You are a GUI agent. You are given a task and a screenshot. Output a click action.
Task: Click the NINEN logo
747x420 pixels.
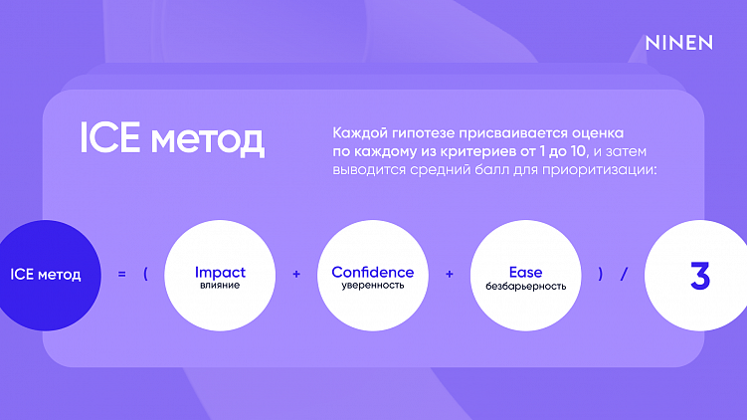[x=679, y=43]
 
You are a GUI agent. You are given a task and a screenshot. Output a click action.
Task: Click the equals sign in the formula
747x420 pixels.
[x=121, y=274]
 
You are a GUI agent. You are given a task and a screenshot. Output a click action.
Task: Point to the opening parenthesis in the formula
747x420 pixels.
[x=146, y=274]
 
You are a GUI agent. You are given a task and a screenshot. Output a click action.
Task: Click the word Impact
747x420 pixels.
[x=220, y=272]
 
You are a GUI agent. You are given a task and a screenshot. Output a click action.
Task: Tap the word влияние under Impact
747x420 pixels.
[x=220, y=286]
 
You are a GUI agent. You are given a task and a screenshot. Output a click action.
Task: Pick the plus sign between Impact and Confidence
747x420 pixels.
[x=296, y=274]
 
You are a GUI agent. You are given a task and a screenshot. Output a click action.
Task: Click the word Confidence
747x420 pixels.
[x=373, y=272]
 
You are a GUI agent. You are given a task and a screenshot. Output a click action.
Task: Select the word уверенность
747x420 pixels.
[x=373, y=286]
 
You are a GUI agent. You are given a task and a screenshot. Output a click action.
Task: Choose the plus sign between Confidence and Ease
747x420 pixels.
[x=450, y=274]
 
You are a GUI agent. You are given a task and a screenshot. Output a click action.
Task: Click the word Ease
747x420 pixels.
[x=526, y=272]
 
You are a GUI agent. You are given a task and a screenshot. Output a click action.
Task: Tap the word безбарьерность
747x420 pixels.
[x=526, y=286]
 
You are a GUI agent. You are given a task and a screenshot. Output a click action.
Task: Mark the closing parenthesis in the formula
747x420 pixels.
[x=601, y=274]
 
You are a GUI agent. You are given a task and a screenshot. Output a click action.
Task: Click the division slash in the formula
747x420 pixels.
[x=624, y=274]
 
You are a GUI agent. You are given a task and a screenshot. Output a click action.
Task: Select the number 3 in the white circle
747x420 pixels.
[x=699, y=276]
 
